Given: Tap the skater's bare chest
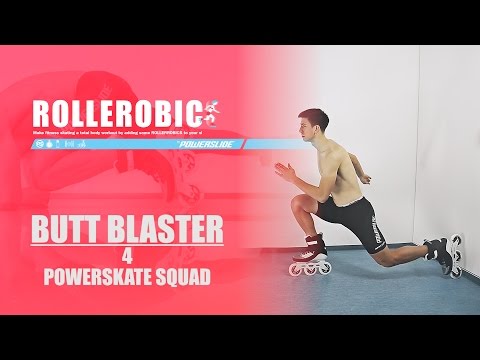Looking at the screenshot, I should (335, 160).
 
